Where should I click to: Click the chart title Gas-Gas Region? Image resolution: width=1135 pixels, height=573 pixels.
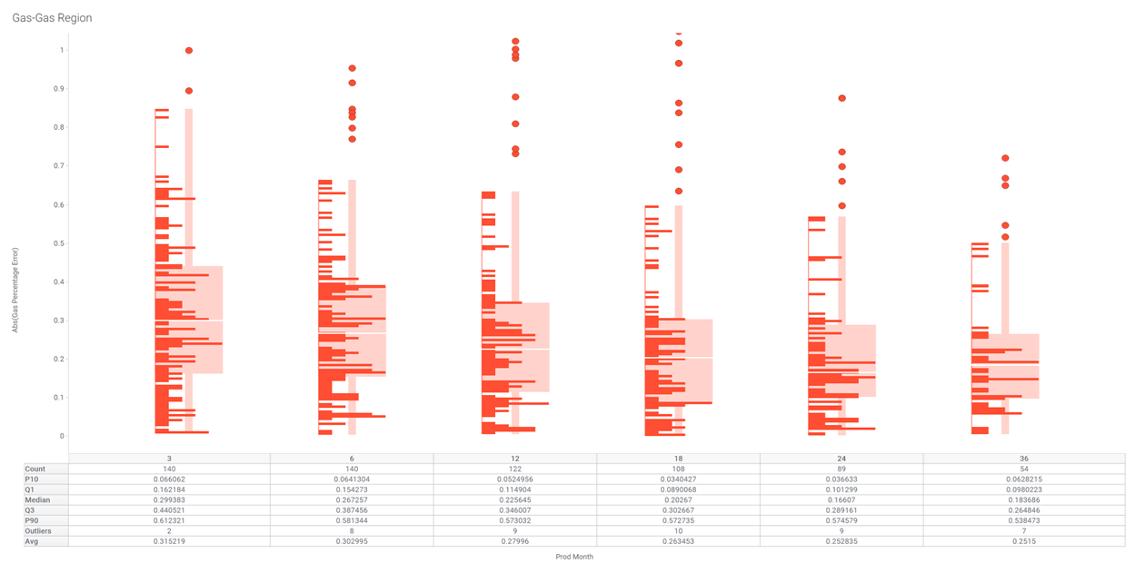click(52, 18)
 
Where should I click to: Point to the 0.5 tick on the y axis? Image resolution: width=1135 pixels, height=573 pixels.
click(62, 243)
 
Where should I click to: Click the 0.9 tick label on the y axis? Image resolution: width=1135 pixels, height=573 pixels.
click(62, 89)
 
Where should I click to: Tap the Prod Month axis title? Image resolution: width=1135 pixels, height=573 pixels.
click(574, 557)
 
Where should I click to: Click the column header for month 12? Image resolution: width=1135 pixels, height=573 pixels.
click(515, 459)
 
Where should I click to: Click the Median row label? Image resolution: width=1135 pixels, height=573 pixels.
click(36, 499)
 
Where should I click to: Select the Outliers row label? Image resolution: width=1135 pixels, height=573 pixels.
click(38, 531)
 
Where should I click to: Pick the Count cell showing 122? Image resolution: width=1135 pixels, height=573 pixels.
click(515, 469)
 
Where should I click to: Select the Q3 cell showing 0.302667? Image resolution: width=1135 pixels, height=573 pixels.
click(678, 510)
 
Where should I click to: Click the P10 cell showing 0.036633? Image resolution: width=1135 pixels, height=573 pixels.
click(841, 479)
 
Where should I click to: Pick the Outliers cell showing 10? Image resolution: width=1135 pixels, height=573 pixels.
click(678, 531)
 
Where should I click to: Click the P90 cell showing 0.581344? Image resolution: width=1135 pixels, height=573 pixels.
click(352, 520)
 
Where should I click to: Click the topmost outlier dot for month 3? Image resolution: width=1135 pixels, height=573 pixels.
click(189, 51)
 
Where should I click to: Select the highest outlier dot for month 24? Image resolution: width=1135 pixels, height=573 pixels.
click(842, 98)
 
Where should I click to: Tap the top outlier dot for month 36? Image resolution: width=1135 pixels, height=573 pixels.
click(1005, 159)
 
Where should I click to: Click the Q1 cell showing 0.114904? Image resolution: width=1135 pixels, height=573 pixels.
click(515, 489)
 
